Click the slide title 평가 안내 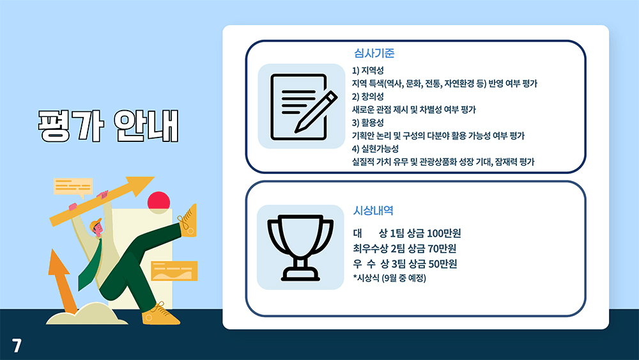[x=107, y=126]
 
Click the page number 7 [x=17, y=345]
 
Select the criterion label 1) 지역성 [x=368, y=70]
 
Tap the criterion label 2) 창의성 [x=368, y=97]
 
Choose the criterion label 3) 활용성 [x=368, y=122]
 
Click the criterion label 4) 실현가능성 [x=376, y=148]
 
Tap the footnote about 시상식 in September [x=389, y=278]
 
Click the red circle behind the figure [x=158, y=201]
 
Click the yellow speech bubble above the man [x=73, y=186]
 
